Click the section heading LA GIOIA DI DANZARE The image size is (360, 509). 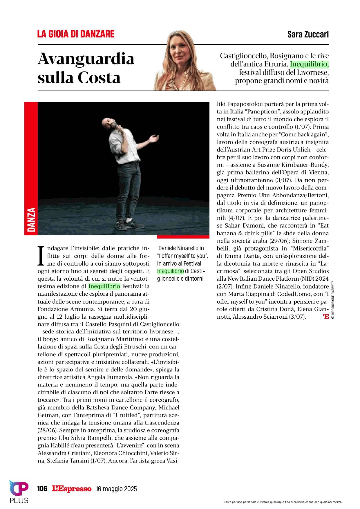pos(76,34)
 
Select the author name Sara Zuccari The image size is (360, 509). pos(308,35)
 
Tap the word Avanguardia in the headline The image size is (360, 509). pos(86,59)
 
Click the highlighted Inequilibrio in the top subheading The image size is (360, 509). pos(310,64)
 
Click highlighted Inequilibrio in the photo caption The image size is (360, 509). pos(171,271)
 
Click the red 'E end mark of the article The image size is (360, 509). pos(325,317)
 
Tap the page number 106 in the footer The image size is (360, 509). pos(42,489)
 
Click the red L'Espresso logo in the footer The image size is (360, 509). pos(72,489)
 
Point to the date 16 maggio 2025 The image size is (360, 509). pos(116,489)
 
